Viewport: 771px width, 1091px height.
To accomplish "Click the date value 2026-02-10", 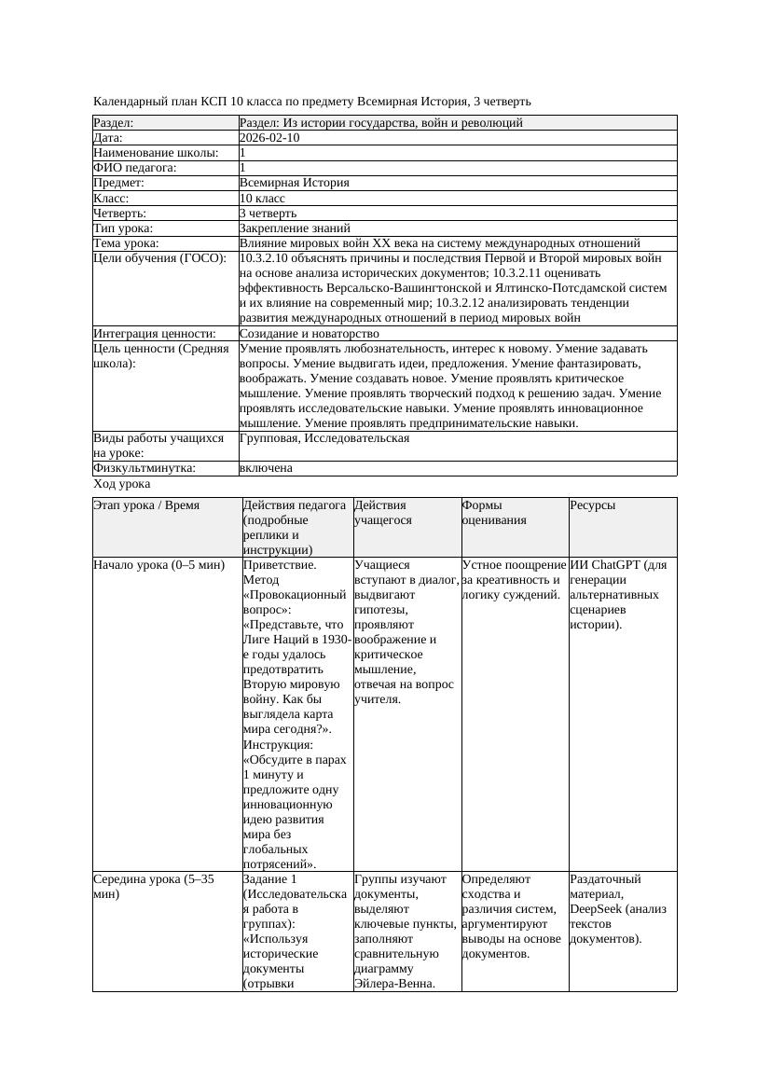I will coord(269,138).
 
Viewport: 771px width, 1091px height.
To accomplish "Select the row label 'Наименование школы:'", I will coord(156,153).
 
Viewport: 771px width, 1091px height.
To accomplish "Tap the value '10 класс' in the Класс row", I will coord(262,199).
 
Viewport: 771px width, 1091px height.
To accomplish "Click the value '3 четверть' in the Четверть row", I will coord(268,214).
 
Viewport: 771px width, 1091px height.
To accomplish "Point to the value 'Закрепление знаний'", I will coord(295,228).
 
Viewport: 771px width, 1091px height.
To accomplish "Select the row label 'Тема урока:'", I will coord(127,243).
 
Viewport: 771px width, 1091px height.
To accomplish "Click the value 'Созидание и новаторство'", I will coord(309,334).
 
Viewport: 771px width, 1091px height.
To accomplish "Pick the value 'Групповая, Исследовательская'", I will coord(324,438).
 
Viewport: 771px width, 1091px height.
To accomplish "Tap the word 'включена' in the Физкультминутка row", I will coord(266,468).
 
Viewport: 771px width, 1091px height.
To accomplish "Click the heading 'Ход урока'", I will coord(122,484).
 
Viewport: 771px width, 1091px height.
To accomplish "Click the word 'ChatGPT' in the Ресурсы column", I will coord(616,565).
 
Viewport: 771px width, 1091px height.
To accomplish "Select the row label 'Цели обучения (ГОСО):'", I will coord(159,258).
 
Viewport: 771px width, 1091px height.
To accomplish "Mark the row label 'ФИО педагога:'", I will coord(135,168).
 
